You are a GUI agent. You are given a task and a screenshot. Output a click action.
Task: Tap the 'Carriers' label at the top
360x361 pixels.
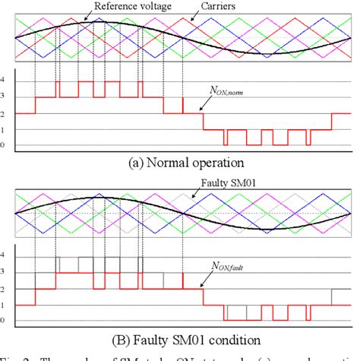pos(228,7)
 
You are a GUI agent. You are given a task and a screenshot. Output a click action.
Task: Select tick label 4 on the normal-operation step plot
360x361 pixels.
pos(3,79)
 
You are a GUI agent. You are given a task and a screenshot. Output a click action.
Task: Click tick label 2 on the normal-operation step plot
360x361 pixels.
pos(3,112)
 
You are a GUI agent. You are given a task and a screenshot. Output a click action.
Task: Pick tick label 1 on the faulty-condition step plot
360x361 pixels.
pos(3,305)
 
